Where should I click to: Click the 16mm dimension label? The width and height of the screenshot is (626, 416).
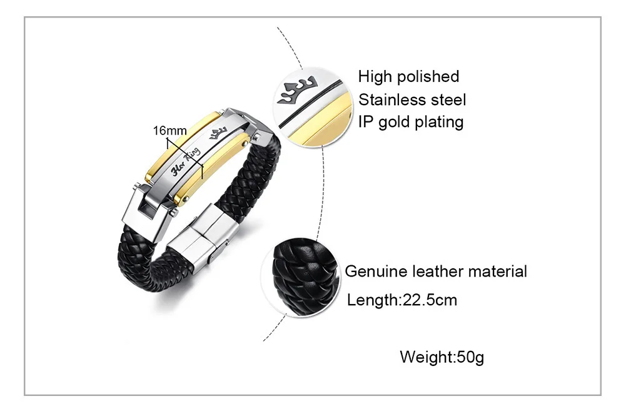point(170,131)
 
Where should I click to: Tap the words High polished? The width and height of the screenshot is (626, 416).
point(408,77)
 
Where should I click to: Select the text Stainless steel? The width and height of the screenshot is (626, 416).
point(412,99)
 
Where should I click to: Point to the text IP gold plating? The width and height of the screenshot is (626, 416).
point(410,121)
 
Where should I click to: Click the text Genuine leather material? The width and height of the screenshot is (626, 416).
point(436,271)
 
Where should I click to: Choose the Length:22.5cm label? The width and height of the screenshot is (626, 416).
point(402,300)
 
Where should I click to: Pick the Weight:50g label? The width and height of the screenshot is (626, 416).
point(442,358)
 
